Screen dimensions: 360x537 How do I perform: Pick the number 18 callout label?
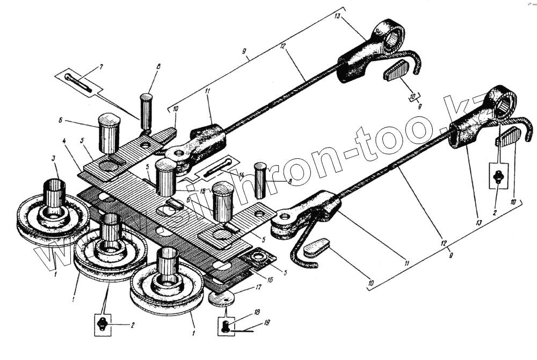pyautogui.click(x=258, y=312)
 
